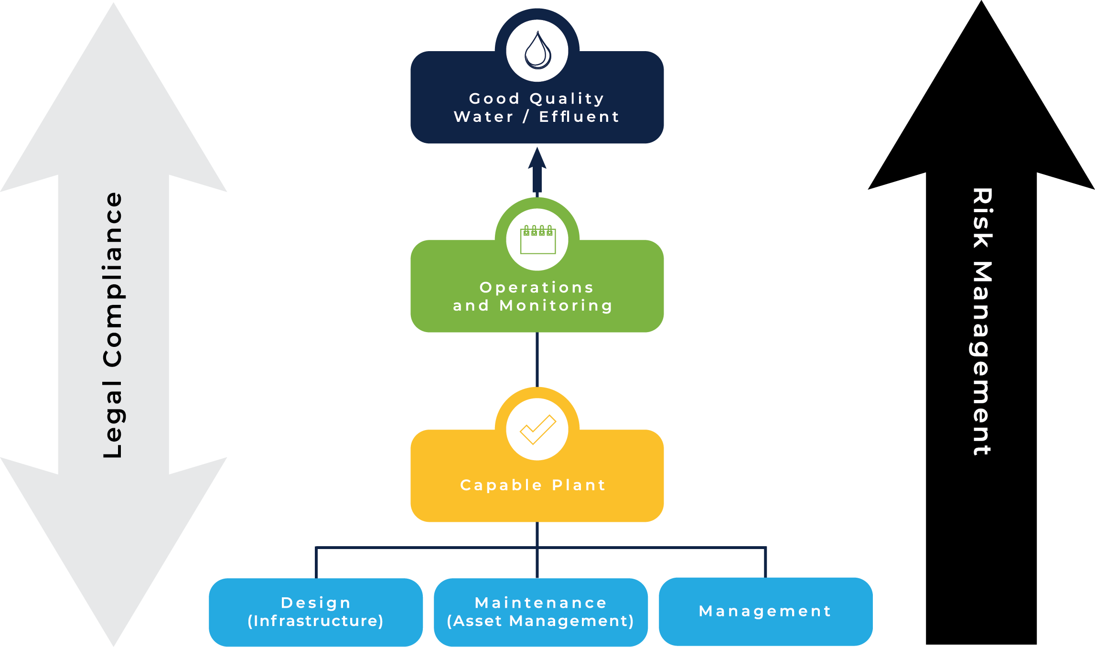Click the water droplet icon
[537, 50]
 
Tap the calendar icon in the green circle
[538, 239]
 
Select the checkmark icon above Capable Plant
[538, 430]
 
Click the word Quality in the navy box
[567, 99]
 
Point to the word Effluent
[579, 117]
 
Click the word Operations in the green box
[537, 288]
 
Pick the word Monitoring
[556, 306]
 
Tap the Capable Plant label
[533, 485]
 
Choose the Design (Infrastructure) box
[316, 612]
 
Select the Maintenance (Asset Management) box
[541, 612]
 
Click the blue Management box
[766, 612]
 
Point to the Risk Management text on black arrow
[982, 322]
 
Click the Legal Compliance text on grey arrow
[113, 325]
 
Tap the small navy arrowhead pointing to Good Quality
[537, 158]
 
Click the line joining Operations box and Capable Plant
[537, 360]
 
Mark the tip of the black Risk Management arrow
[981, 1]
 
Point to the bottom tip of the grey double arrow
[114, 646]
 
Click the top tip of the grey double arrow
[114, 3]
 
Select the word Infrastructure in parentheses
[316, 621]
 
